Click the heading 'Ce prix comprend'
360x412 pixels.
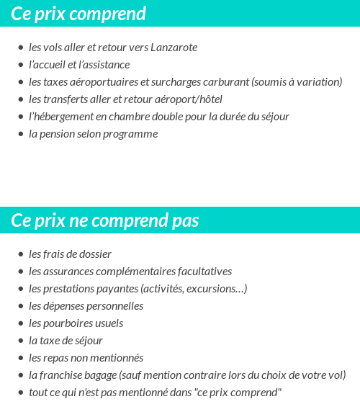pyautogui.click(x=78, y=14)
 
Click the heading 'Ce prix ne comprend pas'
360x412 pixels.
pyautogui.click(x=105, y=220)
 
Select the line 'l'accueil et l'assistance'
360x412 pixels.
pyautogui.click(x=79, y=65)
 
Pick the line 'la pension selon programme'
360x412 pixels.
pyautogui.click(x=93, y=134)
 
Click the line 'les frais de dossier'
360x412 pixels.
pyautogui.click(x=70, y=254)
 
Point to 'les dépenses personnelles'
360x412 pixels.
pyautogui.click(x=86, y=306)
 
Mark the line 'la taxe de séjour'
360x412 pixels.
pyautogui.click(x=66, y=341)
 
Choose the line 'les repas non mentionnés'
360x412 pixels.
pyautogui.click(x=86, y=358)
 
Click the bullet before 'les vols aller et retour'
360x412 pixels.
pyautogui.click(x=20, y=48)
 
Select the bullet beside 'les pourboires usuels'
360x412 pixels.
pyautogui.click(x=20, y=323)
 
